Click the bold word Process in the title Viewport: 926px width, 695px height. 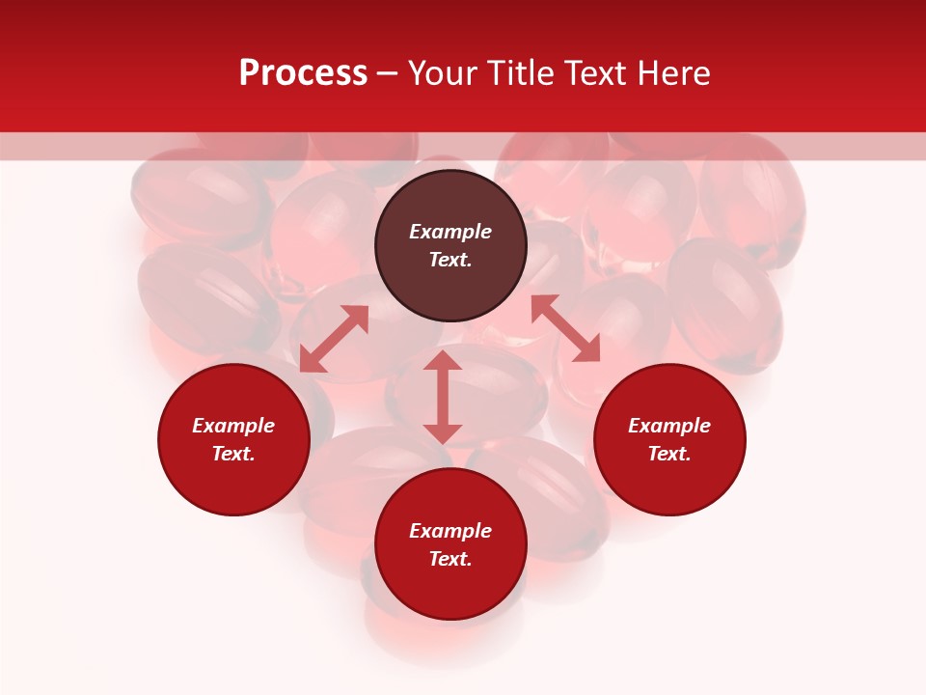(x=303, y=73)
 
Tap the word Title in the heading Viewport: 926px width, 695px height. (x=526, y=73)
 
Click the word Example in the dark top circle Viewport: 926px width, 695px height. (x=450, y=232)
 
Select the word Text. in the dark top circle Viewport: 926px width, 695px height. (x=450, y=260)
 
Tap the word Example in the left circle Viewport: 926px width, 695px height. (x=233, y=426)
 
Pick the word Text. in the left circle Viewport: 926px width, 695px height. (x=233, y=454)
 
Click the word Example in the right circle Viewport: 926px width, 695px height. (x=669, y=426)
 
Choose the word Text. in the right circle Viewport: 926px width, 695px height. (x=669, y=454)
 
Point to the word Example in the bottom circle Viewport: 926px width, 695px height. (x=450, y=531)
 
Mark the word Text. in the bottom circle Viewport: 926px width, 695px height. (x=450, y=559)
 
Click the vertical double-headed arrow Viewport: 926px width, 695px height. (x=443, y=397)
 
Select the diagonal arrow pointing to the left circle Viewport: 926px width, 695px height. (x=334, y=339)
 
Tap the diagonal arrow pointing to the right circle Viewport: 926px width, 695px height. (x=565, y=328)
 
